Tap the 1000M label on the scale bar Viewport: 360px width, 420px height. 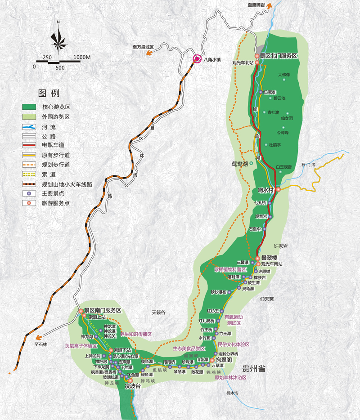(x=82, y=57)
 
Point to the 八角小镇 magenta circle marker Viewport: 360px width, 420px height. (x=197, y=58)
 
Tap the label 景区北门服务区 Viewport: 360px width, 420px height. (x=279, y=56)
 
